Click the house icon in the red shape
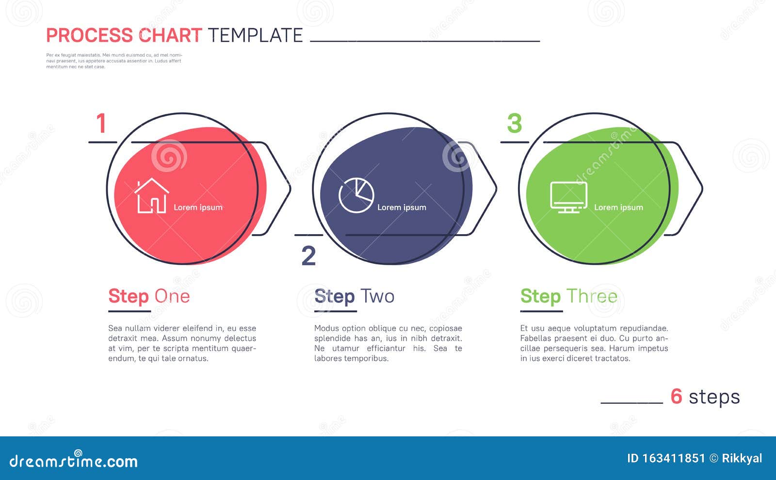(x=152, y=196)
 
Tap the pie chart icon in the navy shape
(x=356, y=195)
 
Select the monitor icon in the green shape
(x=568, y=197)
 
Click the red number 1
(x=101, y=124)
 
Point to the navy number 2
(x=308, y=256)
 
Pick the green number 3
(x=514, y=124)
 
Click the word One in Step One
(x=172, y=296)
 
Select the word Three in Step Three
(x=592, y=296)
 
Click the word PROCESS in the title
(x=89, y=35)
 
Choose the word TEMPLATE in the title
(x=255, y=35)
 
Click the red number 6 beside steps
(x=676, y=397)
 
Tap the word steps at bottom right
(x=714, y=398)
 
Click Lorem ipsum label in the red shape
(x=198, y=208)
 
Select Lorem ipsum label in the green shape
(x=618, y=208)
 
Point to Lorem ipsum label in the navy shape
(x=402, y=208)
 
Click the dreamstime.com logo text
(x=73, y=461)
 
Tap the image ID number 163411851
(x=673, y=458)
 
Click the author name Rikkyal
(x=742, y=458)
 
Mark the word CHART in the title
(x=170, y=35)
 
